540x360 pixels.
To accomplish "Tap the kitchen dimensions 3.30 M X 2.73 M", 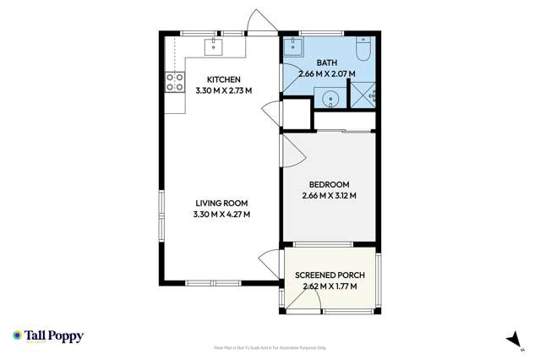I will tap(224, 90).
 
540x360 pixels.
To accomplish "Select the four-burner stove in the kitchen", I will tap(174, 82).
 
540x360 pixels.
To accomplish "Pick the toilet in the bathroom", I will tap(362, 50).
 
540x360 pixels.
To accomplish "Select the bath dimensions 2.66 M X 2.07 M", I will tap(327, 74).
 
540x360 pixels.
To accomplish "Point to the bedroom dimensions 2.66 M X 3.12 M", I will tap(328, 196).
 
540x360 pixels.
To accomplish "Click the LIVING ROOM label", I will tap(222, 204).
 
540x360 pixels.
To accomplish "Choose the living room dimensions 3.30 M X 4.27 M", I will tap(222, 214).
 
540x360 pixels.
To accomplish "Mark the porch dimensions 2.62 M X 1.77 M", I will tap(330, 286).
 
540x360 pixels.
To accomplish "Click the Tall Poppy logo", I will tap(48, 335).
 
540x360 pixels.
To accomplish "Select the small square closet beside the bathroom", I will tap(296, 112).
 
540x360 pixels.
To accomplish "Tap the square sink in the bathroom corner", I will tap(296, 45).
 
